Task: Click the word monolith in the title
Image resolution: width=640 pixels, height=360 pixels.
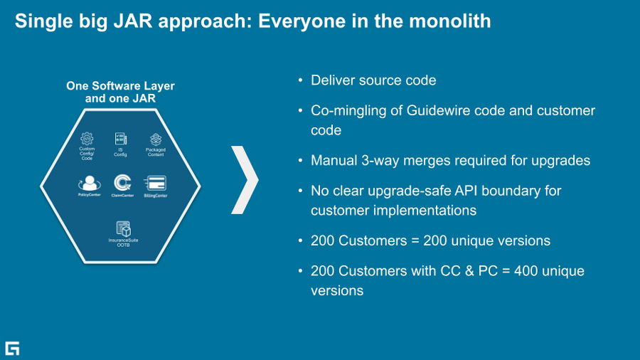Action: tap(449, 21)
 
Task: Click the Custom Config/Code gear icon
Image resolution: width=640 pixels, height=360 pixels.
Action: tap(87, 139)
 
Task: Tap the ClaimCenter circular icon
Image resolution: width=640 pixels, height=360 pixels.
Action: tap(122, 183)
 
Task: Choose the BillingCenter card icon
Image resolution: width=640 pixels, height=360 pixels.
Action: tap(155, 184)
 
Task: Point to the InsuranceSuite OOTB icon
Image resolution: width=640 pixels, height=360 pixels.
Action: tap(123, 229)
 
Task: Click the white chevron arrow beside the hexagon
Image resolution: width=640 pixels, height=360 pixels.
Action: tap(245, 179)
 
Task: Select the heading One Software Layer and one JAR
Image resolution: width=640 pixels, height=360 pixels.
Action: tap(120, 92)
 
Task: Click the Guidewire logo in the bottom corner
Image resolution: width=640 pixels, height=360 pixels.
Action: tap(12, 348)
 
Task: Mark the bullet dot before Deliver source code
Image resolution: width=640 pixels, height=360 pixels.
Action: tap(301, 80)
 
